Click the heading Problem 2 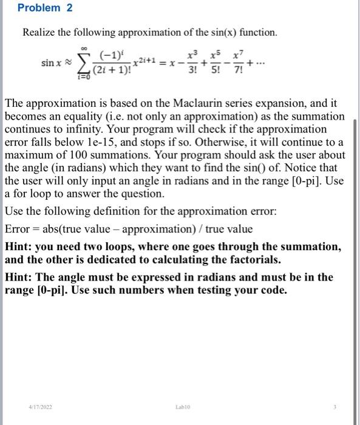pos(39,8)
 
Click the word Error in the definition pos(19,229)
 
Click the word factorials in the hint pos(256,259)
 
